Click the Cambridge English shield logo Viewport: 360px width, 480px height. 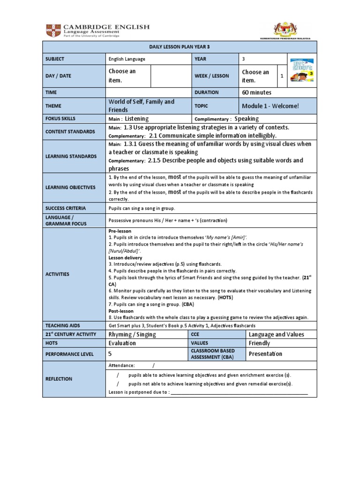point(52,31)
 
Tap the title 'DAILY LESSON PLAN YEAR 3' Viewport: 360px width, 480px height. point(180,47)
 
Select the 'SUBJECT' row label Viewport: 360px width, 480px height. point(55,59)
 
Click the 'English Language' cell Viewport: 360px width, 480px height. point(127,59)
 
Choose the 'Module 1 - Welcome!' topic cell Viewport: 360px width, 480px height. point(270,106)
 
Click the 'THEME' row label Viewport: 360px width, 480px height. point(53,106)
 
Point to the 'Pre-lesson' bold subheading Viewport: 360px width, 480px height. point(120,231)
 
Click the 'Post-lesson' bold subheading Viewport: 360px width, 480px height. point(121,311)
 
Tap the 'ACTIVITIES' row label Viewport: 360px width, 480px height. point(57,274)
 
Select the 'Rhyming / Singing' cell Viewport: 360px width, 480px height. point(132,334)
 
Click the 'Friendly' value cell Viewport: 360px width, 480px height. point(259,343)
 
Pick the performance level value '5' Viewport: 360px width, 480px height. point(111,354)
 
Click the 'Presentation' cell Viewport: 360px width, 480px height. point(265,354)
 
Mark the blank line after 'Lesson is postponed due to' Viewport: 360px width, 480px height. point(239,392)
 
